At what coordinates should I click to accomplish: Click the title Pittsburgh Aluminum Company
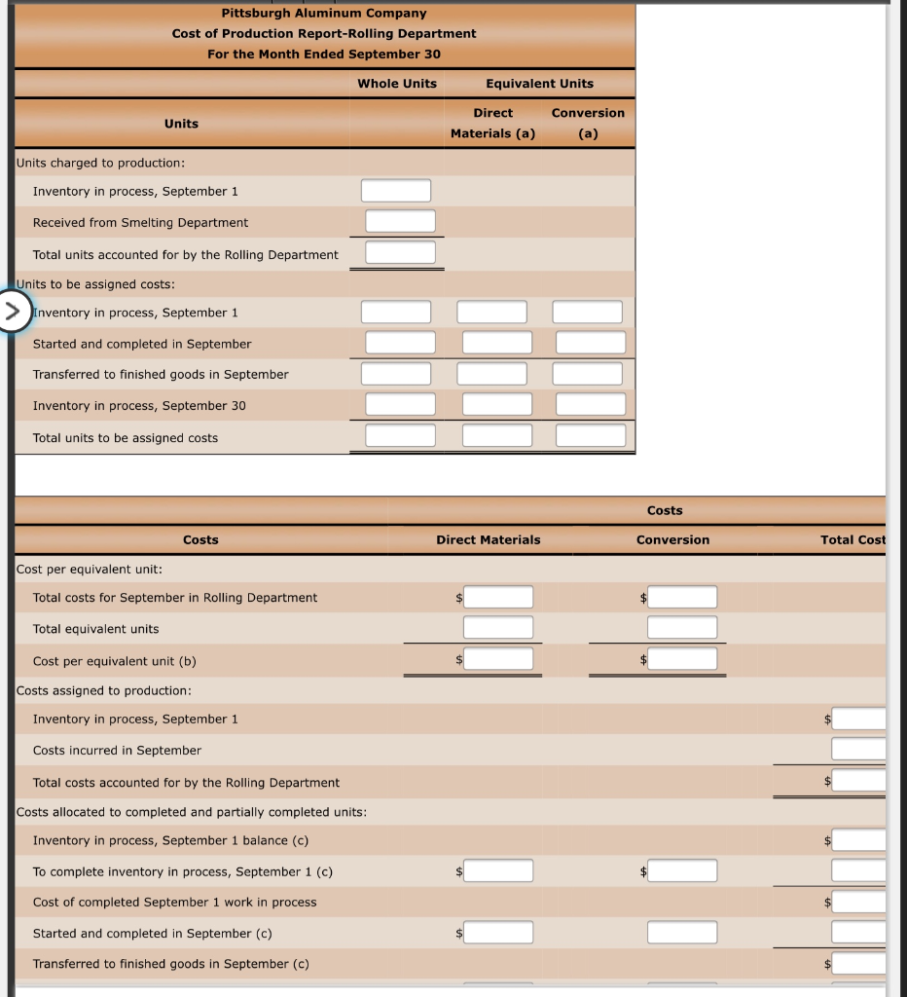(324, 13)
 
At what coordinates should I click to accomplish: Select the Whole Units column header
(397, 83)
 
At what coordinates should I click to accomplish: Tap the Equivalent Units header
(539, 83)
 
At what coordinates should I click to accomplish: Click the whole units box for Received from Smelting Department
(400, 222)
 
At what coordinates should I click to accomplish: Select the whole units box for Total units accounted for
(400, 253)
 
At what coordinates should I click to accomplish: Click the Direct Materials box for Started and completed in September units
(496, 343)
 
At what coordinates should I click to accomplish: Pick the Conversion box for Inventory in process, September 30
(590, 404)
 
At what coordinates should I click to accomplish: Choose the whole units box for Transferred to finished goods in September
(395, 374)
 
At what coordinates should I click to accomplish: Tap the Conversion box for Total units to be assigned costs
(590, 435)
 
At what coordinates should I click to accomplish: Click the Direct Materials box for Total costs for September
(497, 597)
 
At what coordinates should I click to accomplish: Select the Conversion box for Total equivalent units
(682, 628)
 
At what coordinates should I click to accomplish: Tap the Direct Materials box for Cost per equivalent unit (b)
(497, 659)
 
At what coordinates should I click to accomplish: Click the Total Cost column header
(853, 539)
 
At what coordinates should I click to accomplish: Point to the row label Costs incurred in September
(117, 750)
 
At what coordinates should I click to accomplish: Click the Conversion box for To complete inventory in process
(682, 870)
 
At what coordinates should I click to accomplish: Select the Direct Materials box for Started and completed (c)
(497, 933)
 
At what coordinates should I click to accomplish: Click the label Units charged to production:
(101, 163)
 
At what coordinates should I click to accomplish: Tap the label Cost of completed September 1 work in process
(174, 902)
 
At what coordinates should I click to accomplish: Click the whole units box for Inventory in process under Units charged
(395, 191)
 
